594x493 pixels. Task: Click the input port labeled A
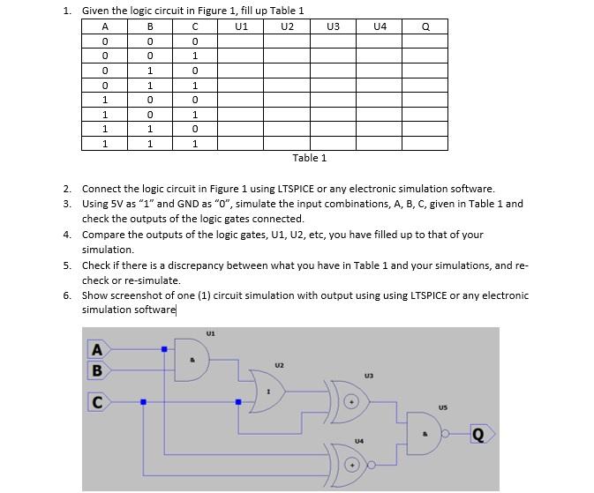[x=97, y=349]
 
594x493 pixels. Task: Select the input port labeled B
[x=97, y=370]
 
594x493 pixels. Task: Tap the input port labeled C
[x=97, y=403]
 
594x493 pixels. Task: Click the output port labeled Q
[x=479, y=433]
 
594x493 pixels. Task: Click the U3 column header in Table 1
[x=333, y=26]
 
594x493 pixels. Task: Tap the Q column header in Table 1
[x=425, y=26]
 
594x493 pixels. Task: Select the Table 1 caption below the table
[x=309, y=158]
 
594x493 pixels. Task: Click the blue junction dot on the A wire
[x=164, y=349]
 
